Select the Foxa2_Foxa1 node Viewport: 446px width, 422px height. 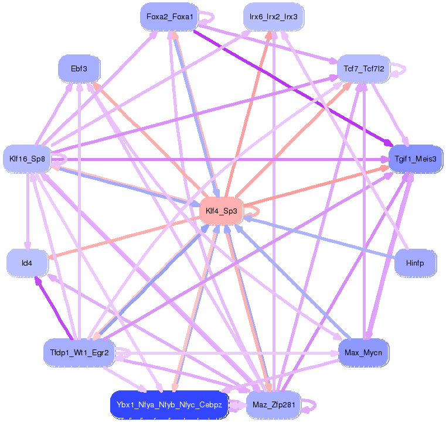[x=169, y=17]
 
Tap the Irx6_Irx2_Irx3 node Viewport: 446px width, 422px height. [x=273, y=17]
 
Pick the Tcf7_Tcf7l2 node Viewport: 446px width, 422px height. [x=364, y=68]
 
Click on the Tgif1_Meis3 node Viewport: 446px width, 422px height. [x=416, y=158]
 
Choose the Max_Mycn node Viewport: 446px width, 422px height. [x=364, y=352]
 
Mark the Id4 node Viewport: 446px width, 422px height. [x=27, y=263]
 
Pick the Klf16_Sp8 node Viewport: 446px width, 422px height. [x=27, y=158]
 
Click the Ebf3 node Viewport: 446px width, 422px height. [x=79, y=68]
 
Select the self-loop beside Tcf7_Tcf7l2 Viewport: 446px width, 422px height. [x=401, y=68]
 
